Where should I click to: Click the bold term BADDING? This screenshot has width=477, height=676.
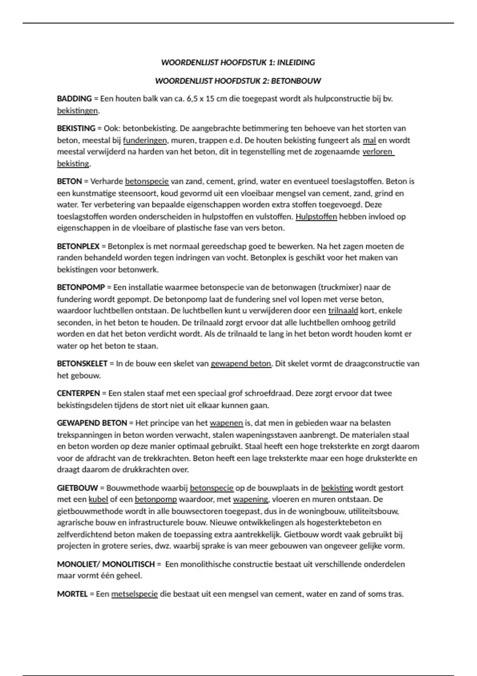point(74,99)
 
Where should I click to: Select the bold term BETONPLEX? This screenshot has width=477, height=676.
point(78,246)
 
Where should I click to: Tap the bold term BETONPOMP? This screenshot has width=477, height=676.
point(81,287)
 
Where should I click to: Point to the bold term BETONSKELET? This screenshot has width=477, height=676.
point(82,363)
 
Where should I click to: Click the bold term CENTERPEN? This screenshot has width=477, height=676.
point(78,393)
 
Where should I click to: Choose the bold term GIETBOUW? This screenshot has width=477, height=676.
point(77,488)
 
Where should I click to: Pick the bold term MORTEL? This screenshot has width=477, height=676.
point(72,594)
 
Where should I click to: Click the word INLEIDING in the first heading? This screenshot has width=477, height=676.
point(296,62)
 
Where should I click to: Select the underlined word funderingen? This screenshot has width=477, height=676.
point(145,140)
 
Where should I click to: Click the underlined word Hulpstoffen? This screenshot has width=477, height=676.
point(316,217)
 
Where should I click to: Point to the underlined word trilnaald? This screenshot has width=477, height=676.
point(343,311)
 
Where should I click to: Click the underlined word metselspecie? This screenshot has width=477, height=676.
point(134,594)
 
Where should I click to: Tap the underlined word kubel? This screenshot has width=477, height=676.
point(98,499)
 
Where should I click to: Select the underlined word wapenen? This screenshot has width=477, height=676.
point(226,423)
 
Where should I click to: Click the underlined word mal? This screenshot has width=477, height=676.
point(369,140)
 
